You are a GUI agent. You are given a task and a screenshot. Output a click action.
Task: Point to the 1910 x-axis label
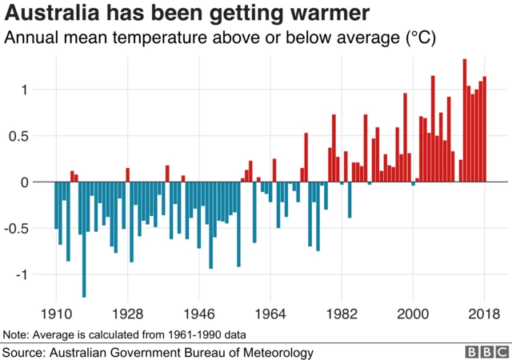[x=56, y=313]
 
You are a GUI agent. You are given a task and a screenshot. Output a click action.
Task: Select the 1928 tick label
[x=127, y=313]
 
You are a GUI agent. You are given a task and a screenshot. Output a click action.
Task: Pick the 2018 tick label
[x=484, y=313]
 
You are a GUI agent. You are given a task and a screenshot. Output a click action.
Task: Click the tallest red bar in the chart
[x=465, y=120]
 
